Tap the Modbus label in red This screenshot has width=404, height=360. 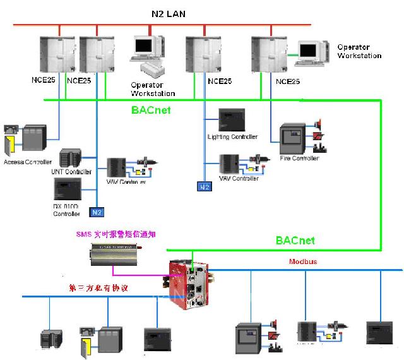pyautogui.click(x=303, y=261)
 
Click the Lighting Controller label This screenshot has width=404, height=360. pyautogui.click(x=232, y=136)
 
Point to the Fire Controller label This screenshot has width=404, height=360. pyautogui.click(x=299, y=158)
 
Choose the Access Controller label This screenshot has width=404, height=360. pyautogui.click(x=27, y=162)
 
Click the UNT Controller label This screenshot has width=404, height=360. pyautogui.click(x=71, y=172)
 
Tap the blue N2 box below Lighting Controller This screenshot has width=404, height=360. pyautogui.click(x=205, y=187)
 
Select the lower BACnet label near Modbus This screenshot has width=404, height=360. pyautogui.click(x=295, y=241)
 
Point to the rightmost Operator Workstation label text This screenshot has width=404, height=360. pyautogui.click(x=359, y=51)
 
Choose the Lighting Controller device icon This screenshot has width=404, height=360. pyautogui.click(x=230, y=119)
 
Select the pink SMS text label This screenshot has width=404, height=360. pyautogui.click(x=116, y=234)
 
